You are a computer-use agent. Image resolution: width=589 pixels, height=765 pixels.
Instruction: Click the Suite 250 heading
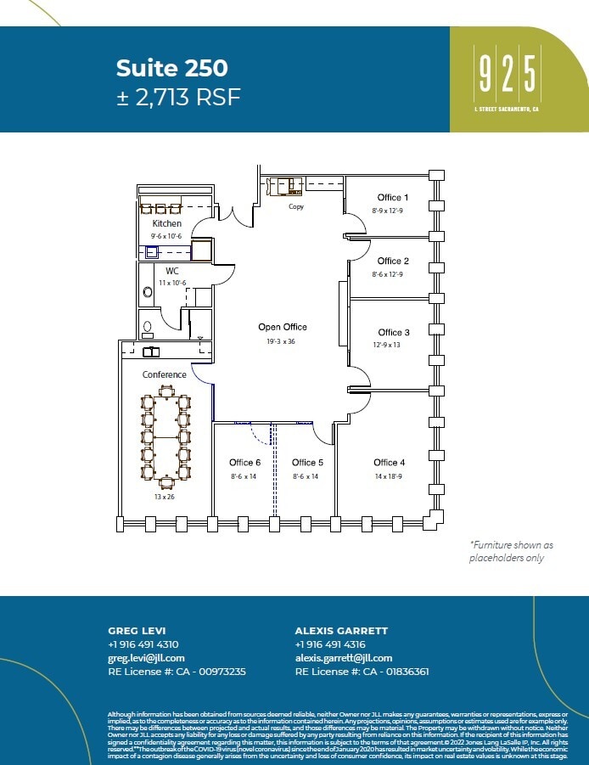171,67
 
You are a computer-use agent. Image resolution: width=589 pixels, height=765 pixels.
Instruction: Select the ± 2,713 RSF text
178,97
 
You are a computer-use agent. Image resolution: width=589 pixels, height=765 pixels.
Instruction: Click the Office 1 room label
393,198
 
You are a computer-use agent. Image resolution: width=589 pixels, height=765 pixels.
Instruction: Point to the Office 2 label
393,262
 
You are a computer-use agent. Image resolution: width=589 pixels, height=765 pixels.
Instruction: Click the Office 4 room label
389,463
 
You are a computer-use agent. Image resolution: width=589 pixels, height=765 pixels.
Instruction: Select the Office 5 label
307,463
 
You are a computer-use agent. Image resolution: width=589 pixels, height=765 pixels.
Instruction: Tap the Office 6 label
244,463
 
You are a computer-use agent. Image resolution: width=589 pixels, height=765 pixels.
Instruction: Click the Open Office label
283,327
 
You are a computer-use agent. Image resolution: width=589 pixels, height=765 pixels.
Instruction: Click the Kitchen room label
166,223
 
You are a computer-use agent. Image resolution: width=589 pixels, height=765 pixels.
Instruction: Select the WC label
171,271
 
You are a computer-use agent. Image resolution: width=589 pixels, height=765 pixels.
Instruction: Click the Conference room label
164,374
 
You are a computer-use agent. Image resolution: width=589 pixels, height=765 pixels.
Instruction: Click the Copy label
296,206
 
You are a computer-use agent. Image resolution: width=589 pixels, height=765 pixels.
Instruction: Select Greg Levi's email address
146,658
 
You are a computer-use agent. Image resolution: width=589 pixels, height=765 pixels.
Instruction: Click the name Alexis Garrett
341,631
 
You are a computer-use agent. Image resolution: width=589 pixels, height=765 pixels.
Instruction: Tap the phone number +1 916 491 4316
330,644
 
